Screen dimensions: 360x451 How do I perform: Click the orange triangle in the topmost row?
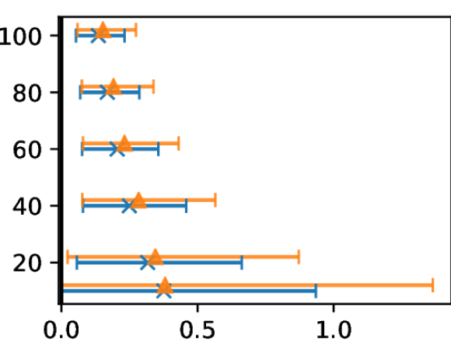tap(103, 30)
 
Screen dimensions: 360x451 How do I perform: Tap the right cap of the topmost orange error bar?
tap(136, 30)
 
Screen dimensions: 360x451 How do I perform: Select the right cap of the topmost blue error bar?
tap(124, 35)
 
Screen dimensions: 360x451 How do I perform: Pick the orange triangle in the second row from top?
tap(114, 86)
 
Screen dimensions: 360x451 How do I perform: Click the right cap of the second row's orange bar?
tap(153, 86)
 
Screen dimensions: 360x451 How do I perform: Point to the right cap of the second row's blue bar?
tap(139, 92)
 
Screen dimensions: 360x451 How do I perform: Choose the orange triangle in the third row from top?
tap(124, 143)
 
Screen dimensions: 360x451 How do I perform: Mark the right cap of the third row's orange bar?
tap(179, 143)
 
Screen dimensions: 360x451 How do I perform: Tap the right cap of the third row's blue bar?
tap(159, 149)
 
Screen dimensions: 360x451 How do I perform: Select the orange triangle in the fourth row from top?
tap(138, 200)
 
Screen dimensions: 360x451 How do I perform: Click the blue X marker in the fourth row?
tap(129, 205)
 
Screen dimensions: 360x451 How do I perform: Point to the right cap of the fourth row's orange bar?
tap(215, 200)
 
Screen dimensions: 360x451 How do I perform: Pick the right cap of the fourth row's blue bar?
tap(186, 205)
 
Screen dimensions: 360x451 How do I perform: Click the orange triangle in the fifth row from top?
tap(156, 257)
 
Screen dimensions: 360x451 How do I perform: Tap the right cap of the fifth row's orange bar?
tap(299, 257)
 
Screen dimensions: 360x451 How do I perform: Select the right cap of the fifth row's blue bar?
tap(241, 262)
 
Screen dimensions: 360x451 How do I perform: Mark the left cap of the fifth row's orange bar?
tap(68, 257)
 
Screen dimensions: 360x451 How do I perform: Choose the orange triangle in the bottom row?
tap(165, 285)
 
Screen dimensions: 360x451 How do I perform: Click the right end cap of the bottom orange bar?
tap(432, 285)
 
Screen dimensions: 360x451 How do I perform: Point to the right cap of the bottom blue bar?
tap(316, 291)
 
